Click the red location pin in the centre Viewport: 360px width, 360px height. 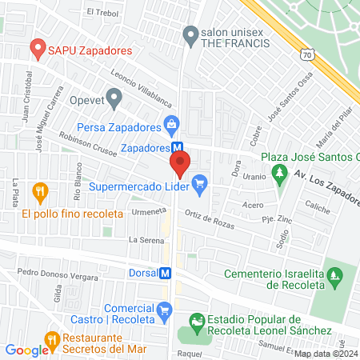pos(180,166)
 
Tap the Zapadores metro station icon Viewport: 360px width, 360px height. pos(180,148)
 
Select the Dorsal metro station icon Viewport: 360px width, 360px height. pos(166,272)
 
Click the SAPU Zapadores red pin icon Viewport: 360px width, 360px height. pos(36,49)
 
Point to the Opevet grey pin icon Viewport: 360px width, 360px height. pos(114,99)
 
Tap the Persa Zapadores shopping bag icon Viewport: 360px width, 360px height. pos(170,124)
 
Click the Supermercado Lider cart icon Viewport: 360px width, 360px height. pos(200,187)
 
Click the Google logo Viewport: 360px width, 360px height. pos(26,350)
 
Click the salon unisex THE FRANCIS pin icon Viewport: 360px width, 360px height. pos(190,34)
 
